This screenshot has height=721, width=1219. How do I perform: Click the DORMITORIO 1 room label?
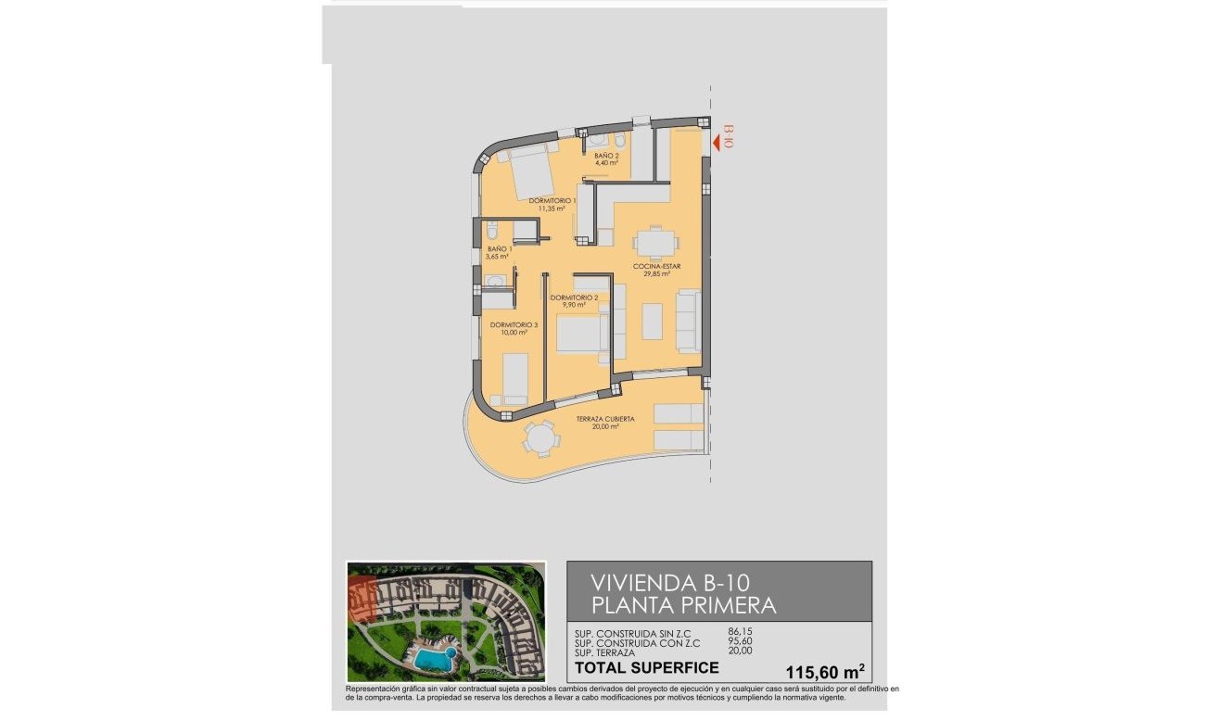(x=552, y=200)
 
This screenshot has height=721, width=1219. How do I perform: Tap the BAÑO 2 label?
(x=606, y=156)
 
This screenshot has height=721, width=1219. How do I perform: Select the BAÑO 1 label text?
(x=499, y=249)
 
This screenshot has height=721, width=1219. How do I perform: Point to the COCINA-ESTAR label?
(x=657, y=267)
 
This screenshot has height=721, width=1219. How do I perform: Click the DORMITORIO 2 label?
(x=574, y=297)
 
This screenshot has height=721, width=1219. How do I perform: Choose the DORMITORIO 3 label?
(x=514, y=325)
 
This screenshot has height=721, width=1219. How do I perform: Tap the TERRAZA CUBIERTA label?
(x=605, y=420)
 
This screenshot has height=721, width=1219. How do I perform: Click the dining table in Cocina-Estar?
(x=656, y=244)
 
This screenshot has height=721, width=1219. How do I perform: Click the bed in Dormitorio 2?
(x=581, y=334)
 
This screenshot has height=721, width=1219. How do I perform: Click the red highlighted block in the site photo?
(x=361, y=597)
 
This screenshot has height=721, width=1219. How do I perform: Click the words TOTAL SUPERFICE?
(x=647, y=667)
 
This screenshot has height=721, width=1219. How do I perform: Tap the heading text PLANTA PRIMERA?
(x=682, y=606)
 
